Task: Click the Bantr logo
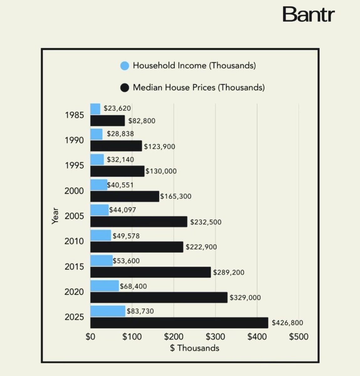coord(309,15)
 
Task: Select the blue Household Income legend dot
coord(125,66)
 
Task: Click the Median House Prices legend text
coord(199,87)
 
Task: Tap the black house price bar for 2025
coord(179,323)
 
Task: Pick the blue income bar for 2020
coord(105,286)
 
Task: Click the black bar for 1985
coord(107,121)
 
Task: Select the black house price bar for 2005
coord(139,222)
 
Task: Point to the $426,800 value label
coord(287,323)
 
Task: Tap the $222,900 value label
coord(201,247)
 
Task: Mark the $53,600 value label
coord(126,261)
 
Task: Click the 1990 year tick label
coord(74,140)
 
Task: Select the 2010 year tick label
coord(74,241)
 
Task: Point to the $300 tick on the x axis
coord(215,337)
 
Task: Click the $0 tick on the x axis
coord(90,337)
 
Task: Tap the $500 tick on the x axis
coord(298,337)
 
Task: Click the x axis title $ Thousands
coord(195,348)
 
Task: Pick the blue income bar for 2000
coord(99,185)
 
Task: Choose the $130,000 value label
coord(161,171)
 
